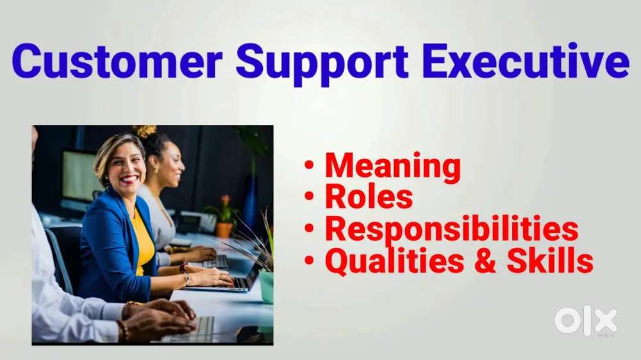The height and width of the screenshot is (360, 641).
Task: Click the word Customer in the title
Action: click(117, 62)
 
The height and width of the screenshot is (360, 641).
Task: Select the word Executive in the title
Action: click(525, 62)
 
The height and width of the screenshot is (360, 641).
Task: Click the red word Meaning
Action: click(392, 167)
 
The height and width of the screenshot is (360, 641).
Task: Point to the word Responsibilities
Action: click(451, 229)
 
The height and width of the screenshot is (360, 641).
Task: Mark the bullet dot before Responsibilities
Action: click(310, 229)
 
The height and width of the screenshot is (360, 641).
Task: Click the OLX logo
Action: click(586, 320)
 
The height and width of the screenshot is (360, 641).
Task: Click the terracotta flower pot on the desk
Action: click(224, 229)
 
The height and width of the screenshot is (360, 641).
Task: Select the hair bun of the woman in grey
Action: click(144, 131)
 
